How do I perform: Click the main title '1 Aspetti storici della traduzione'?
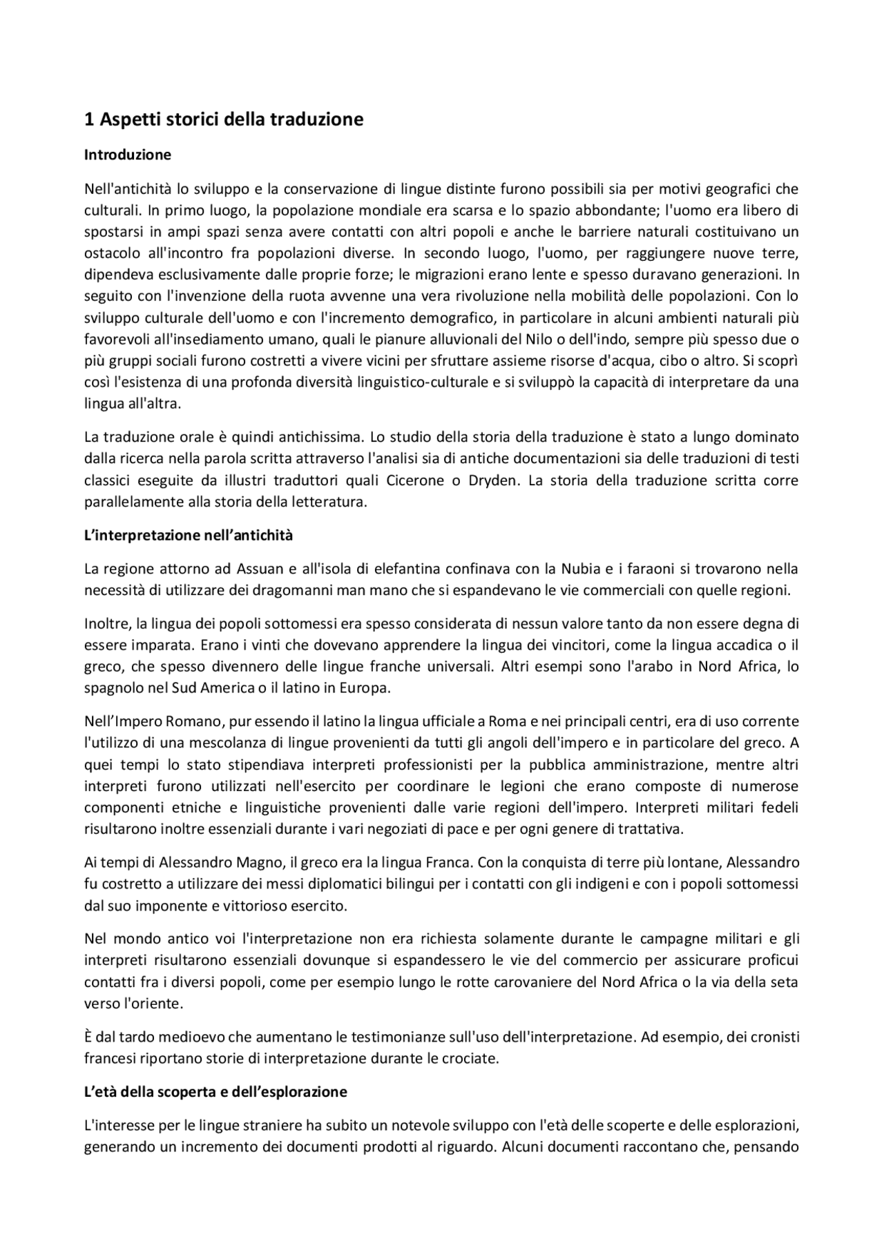click(x=223, y=119)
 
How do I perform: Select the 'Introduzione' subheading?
click(x=127, y=155)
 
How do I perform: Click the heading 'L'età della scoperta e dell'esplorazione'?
click(x=215, y=1092)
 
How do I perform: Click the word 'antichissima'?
click(x=323, y=437)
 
